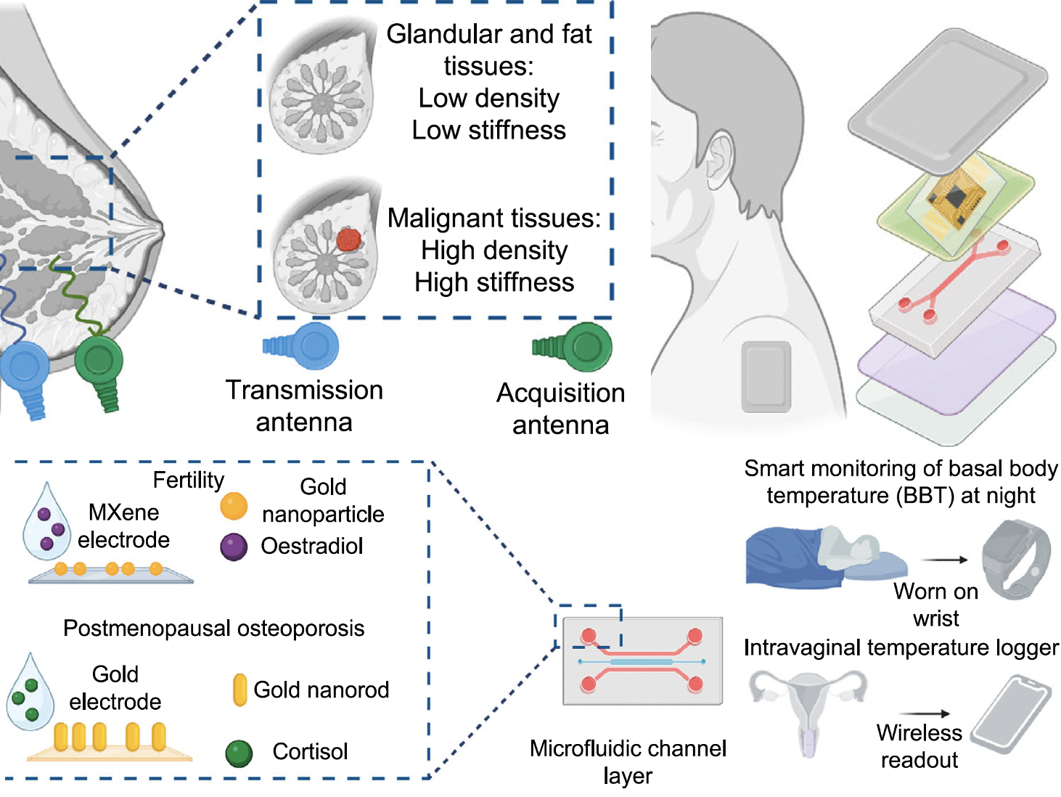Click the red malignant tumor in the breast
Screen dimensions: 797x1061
[x=349, y=239]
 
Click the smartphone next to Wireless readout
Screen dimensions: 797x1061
[x=1010, y=715]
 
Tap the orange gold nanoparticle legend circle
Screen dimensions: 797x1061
[x=234, y=506]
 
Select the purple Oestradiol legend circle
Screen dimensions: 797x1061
[x=234, y=547]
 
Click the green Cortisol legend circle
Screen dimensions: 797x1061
[x=239, y=753]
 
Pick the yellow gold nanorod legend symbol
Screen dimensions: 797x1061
[x=239, y=690]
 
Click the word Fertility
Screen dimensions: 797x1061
[x=188, y=480]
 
